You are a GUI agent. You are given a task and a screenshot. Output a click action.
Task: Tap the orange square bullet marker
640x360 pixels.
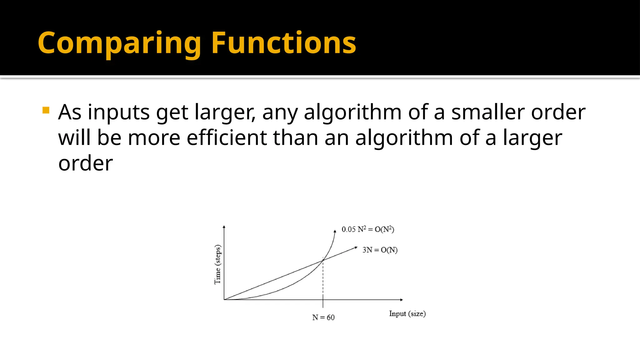(x=46, y=110)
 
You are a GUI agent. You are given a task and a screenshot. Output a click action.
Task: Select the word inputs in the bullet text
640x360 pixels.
(x=118, y=112)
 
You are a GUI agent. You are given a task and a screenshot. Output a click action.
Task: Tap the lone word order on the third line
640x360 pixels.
(x=85, y=163)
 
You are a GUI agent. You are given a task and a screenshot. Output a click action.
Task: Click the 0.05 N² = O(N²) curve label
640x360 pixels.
(x=368, y=229)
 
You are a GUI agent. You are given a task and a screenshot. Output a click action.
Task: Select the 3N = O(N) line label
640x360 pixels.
(x=380, y=250)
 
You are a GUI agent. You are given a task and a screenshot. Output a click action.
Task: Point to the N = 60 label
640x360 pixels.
(x=323, y=317)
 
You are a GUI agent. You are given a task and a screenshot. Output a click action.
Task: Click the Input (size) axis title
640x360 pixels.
(x=407, y=314)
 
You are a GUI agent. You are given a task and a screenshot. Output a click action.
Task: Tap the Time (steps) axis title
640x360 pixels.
(x=217, y=264)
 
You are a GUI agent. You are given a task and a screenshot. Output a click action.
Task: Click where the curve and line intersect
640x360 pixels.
(x=323, y=260)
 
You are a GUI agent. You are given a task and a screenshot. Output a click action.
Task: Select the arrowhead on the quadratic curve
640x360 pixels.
(x=335, y=231)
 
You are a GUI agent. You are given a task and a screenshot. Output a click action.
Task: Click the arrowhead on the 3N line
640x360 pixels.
(x=356, y=248)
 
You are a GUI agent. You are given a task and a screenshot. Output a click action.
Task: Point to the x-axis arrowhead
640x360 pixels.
(x=402, y=300)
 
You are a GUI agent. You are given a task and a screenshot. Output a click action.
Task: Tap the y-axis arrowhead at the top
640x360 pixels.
(x=224, y=227)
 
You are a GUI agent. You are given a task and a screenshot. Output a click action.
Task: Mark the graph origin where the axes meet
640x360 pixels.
(x=224, y=300)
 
